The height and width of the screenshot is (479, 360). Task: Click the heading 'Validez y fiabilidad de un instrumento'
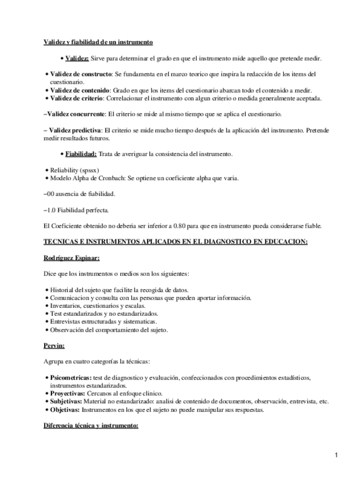tap(98, 42)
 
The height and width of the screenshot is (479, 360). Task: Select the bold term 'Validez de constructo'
tap(80, 74)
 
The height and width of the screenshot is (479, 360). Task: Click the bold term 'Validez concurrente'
tap(74, 114)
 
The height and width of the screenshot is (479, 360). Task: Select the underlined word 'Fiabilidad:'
tap(81, 154)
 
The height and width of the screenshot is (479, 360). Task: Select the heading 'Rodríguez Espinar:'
tap(71, 258)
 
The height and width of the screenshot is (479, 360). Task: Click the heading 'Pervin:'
tap(54, 346)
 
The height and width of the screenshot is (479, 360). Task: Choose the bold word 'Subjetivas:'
tap(65, 402)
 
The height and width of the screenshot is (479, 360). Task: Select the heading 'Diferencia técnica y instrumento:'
tap(90, 426)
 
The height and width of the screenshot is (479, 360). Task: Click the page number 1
tap(336, 455)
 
